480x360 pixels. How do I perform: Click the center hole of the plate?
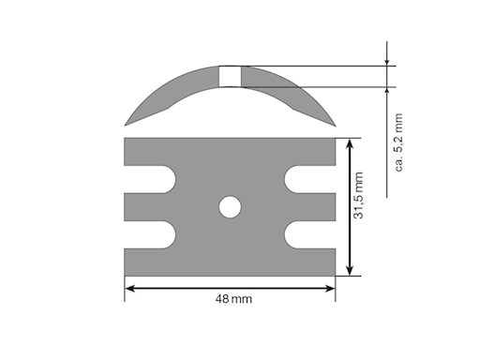pos(230,207)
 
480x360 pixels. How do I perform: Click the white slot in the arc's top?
pos(230,76)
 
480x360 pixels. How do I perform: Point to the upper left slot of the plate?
pos(155,180)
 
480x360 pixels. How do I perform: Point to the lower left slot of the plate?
pos(155,234)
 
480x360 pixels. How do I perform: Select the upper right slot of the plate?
pos(306,180)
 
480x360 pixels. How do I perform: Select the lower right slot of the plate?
pos(306,234)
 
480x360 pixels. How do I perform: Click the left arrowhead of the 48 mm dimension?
pos(131,288)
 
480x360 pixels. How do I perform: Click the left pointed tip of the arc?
pos(127,124)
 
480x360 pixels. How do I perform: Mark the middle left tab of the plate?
pos(145,207)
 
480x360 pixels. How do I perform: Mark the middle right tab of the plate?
pos(315,207)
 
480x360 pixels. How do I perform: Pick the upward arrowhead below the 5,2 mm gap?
pos(388,92)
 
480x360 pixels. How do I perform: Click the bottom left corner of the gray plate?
pos(126,275)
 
